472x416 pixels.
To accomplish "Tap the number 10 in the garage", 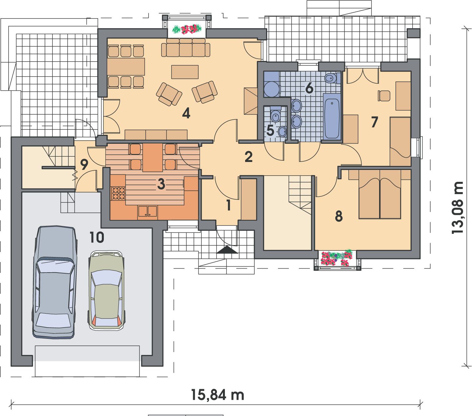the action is (97, 237).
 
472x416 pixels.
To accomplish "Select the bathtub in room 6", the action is (332, 118).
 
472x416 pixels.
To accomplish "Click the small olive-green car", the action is (106, 290).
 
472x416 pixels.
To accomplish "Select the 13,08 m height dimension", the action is (457, 208).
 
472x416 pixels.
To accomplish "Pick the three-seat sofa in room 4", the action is (186, 48).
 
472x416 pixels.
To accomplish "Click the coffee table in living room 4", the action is (185, 72).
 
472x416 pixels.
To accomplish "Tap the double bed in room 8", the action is (380, 194).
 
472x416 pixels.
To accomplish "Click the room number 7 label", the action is (374, 122).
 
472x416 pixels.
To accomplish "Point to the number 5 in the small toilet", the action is (270, 130).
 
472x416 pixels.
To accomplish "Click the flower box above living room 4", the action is (187, 29).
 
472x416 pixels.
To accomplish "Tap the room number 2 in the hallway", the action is (248, 157).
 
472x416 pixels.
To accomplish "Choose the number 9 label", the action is (84, 164).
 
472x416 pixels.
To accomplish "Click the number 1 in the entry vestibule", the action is (229, 205).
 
